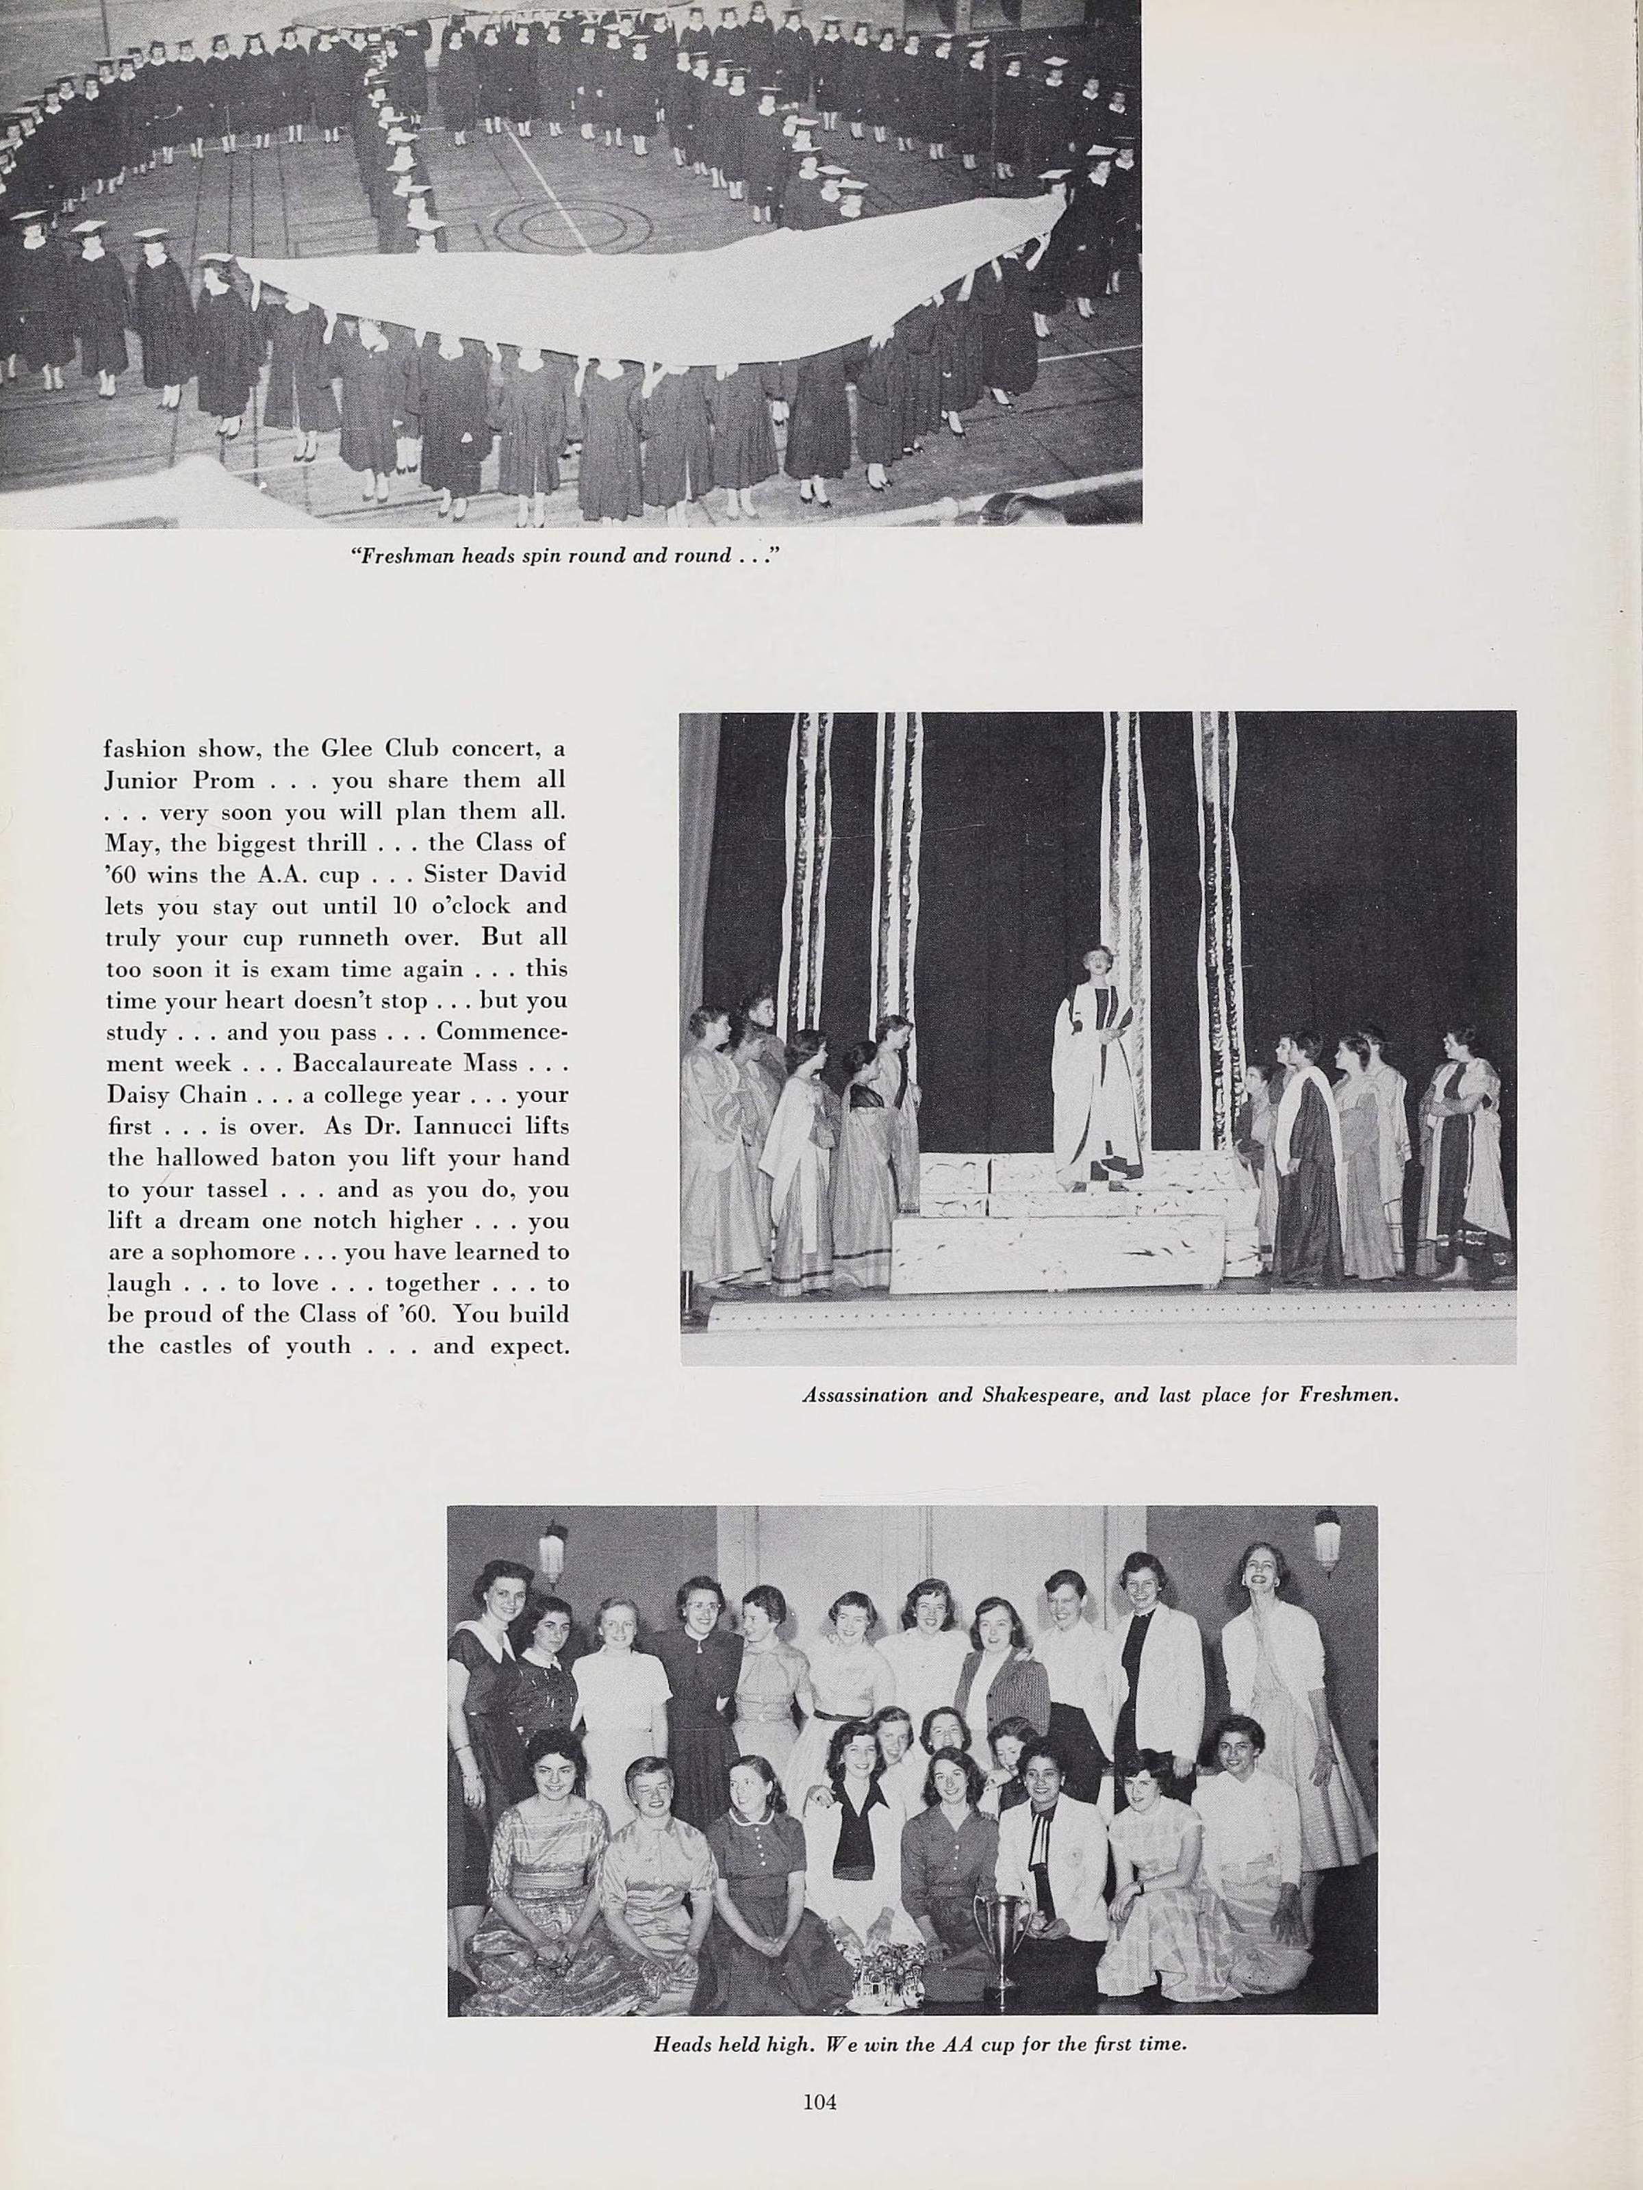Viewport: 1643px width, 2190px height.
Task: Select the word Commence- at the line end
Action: click(x=502, y=1031)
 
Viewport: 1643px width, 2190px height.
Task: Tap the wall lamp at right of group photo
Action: click(x=1325, y=1539)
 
